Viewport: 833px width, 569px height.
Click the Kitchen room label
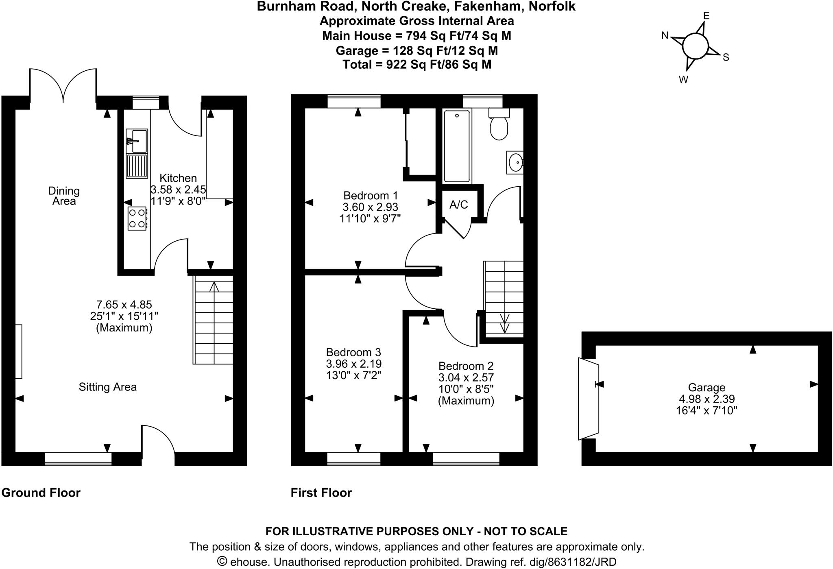click(178, 178)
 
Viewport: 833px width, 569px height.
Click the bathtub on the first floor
click(457, 146)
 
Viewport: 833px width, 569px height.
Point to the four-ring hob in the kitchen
click(137, 218)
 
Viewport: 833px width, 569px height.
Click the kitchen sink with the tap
click(137, 141)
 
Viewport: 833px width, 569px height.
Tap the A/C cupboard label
click(458, 205)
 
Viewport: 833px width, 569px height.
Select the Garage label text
click(707, 388)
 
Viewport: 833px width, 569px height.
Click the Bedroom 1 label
click(370, 195)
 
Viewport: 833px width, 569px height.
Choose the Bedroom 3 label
click(353, 352)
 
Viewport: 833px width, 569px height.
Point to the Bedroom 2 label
click(466, 366)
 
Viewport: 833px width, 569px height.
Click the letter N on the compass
click(665, 36)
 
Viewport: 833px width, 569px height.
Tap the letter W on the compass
click(683, 80)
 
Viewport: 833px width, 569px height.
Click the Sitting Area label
click(107, 387)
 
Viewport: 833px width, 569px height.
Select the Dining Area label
click(64, 196)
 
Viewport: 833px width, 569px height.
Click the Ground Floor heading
click(41, 493)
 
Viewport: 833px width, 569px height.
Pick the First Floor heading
click(321, 493)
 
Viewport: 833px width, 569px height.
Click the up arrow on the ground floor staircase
click(214, 287)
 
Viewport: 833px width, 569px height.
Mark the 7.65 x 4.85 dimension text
click(124, 304)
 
